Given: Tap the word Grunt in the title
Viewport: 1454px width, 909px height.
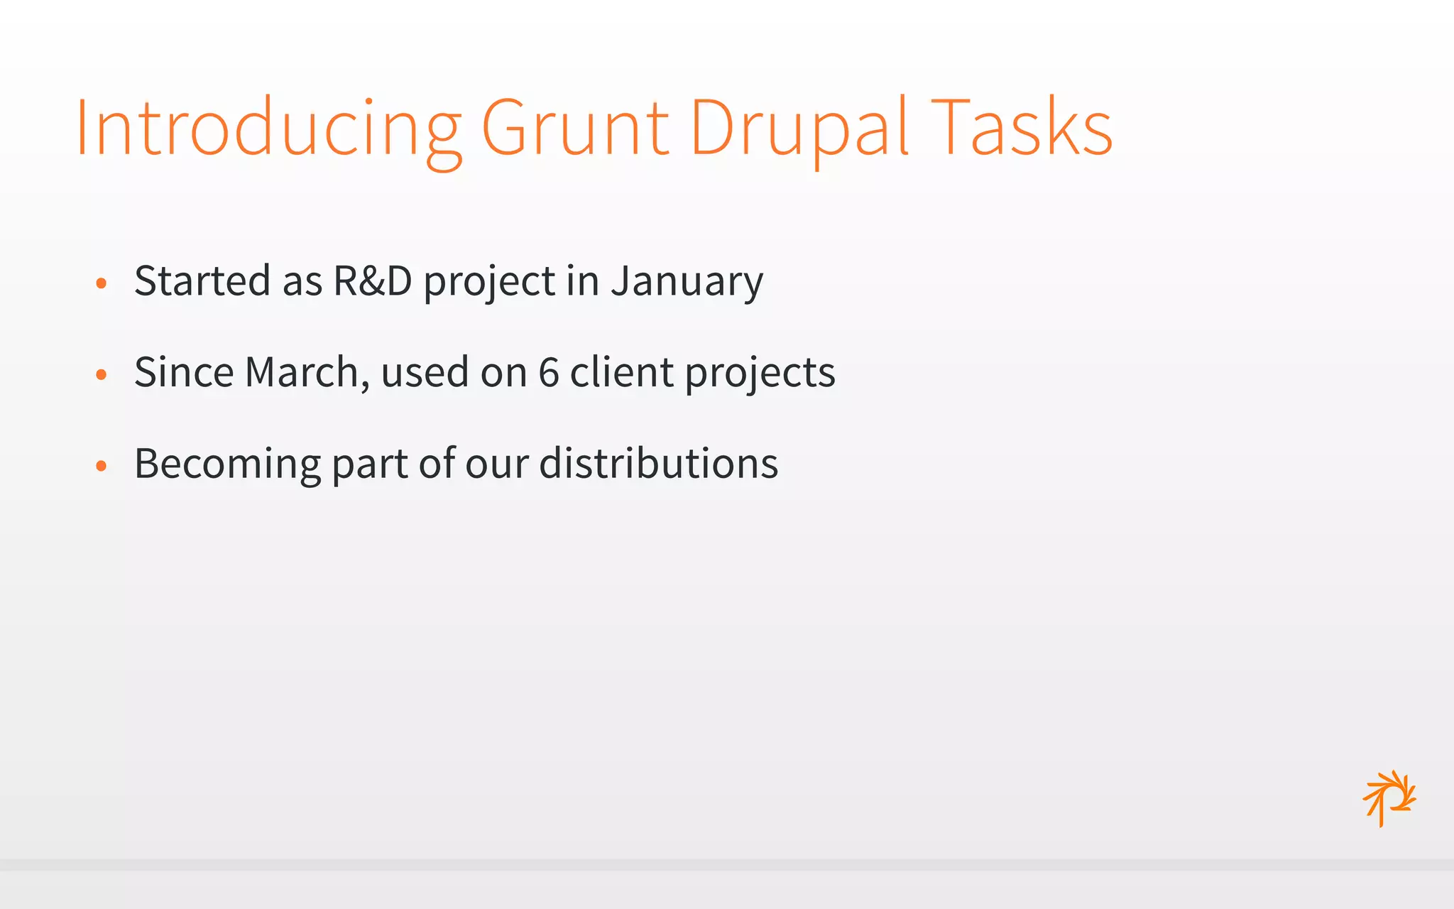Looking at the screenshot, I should [x=575, y=128].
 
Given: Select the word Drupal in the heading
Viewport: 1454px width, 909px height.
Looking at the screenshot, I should [x=799, y=128].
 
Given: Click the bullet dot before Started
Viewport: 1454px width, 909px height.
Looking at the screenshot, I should [x=102, y=283].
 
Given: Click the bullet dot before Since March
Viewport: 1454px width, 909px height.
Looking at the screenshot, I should [x=102, y=374].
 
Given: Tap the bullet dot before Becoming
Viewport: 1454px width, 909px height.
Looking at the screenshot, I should [x=102, y=466].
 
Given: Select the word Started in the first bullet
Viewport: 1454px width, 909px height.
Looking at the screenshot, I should [x=202, y=281].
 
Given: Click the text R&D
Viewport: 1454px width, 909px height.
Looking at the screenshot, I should [x=372, y=281].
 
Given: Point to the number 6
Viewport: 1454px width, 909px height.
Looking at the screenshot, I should [x=549, y=372].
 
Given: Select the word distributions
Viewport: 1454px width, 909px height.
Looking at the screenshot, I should [x=658, y=464].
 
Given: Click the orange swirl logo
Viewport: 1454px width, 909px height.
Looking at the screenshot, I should [x=1389, y=798].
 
